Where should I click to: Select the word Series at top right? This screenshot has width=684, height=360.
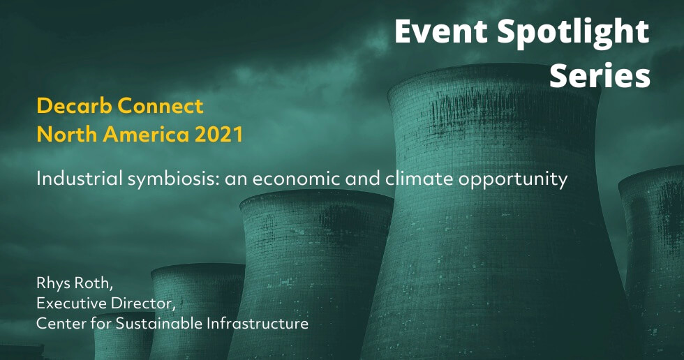(x=600, y=75)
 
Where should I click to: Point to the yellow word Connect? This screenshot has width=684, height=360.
(x=160, y=106)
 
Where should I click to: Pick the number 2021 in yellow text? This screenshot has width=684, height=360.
(x=218, y=134)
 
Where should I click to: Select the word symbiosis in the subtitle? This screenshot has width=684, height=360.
(x=173, y=179)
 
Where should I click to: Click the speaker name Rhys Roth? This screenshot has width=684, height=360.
(x=75, y=283)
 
